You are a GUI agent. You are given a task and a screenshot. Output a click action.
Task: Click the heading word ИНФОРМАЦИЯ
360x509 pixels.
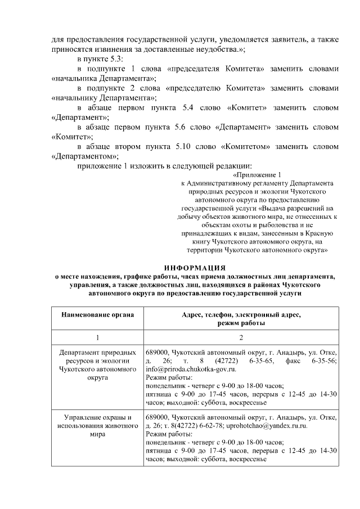pyautogui.click(x=195, y=267)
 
